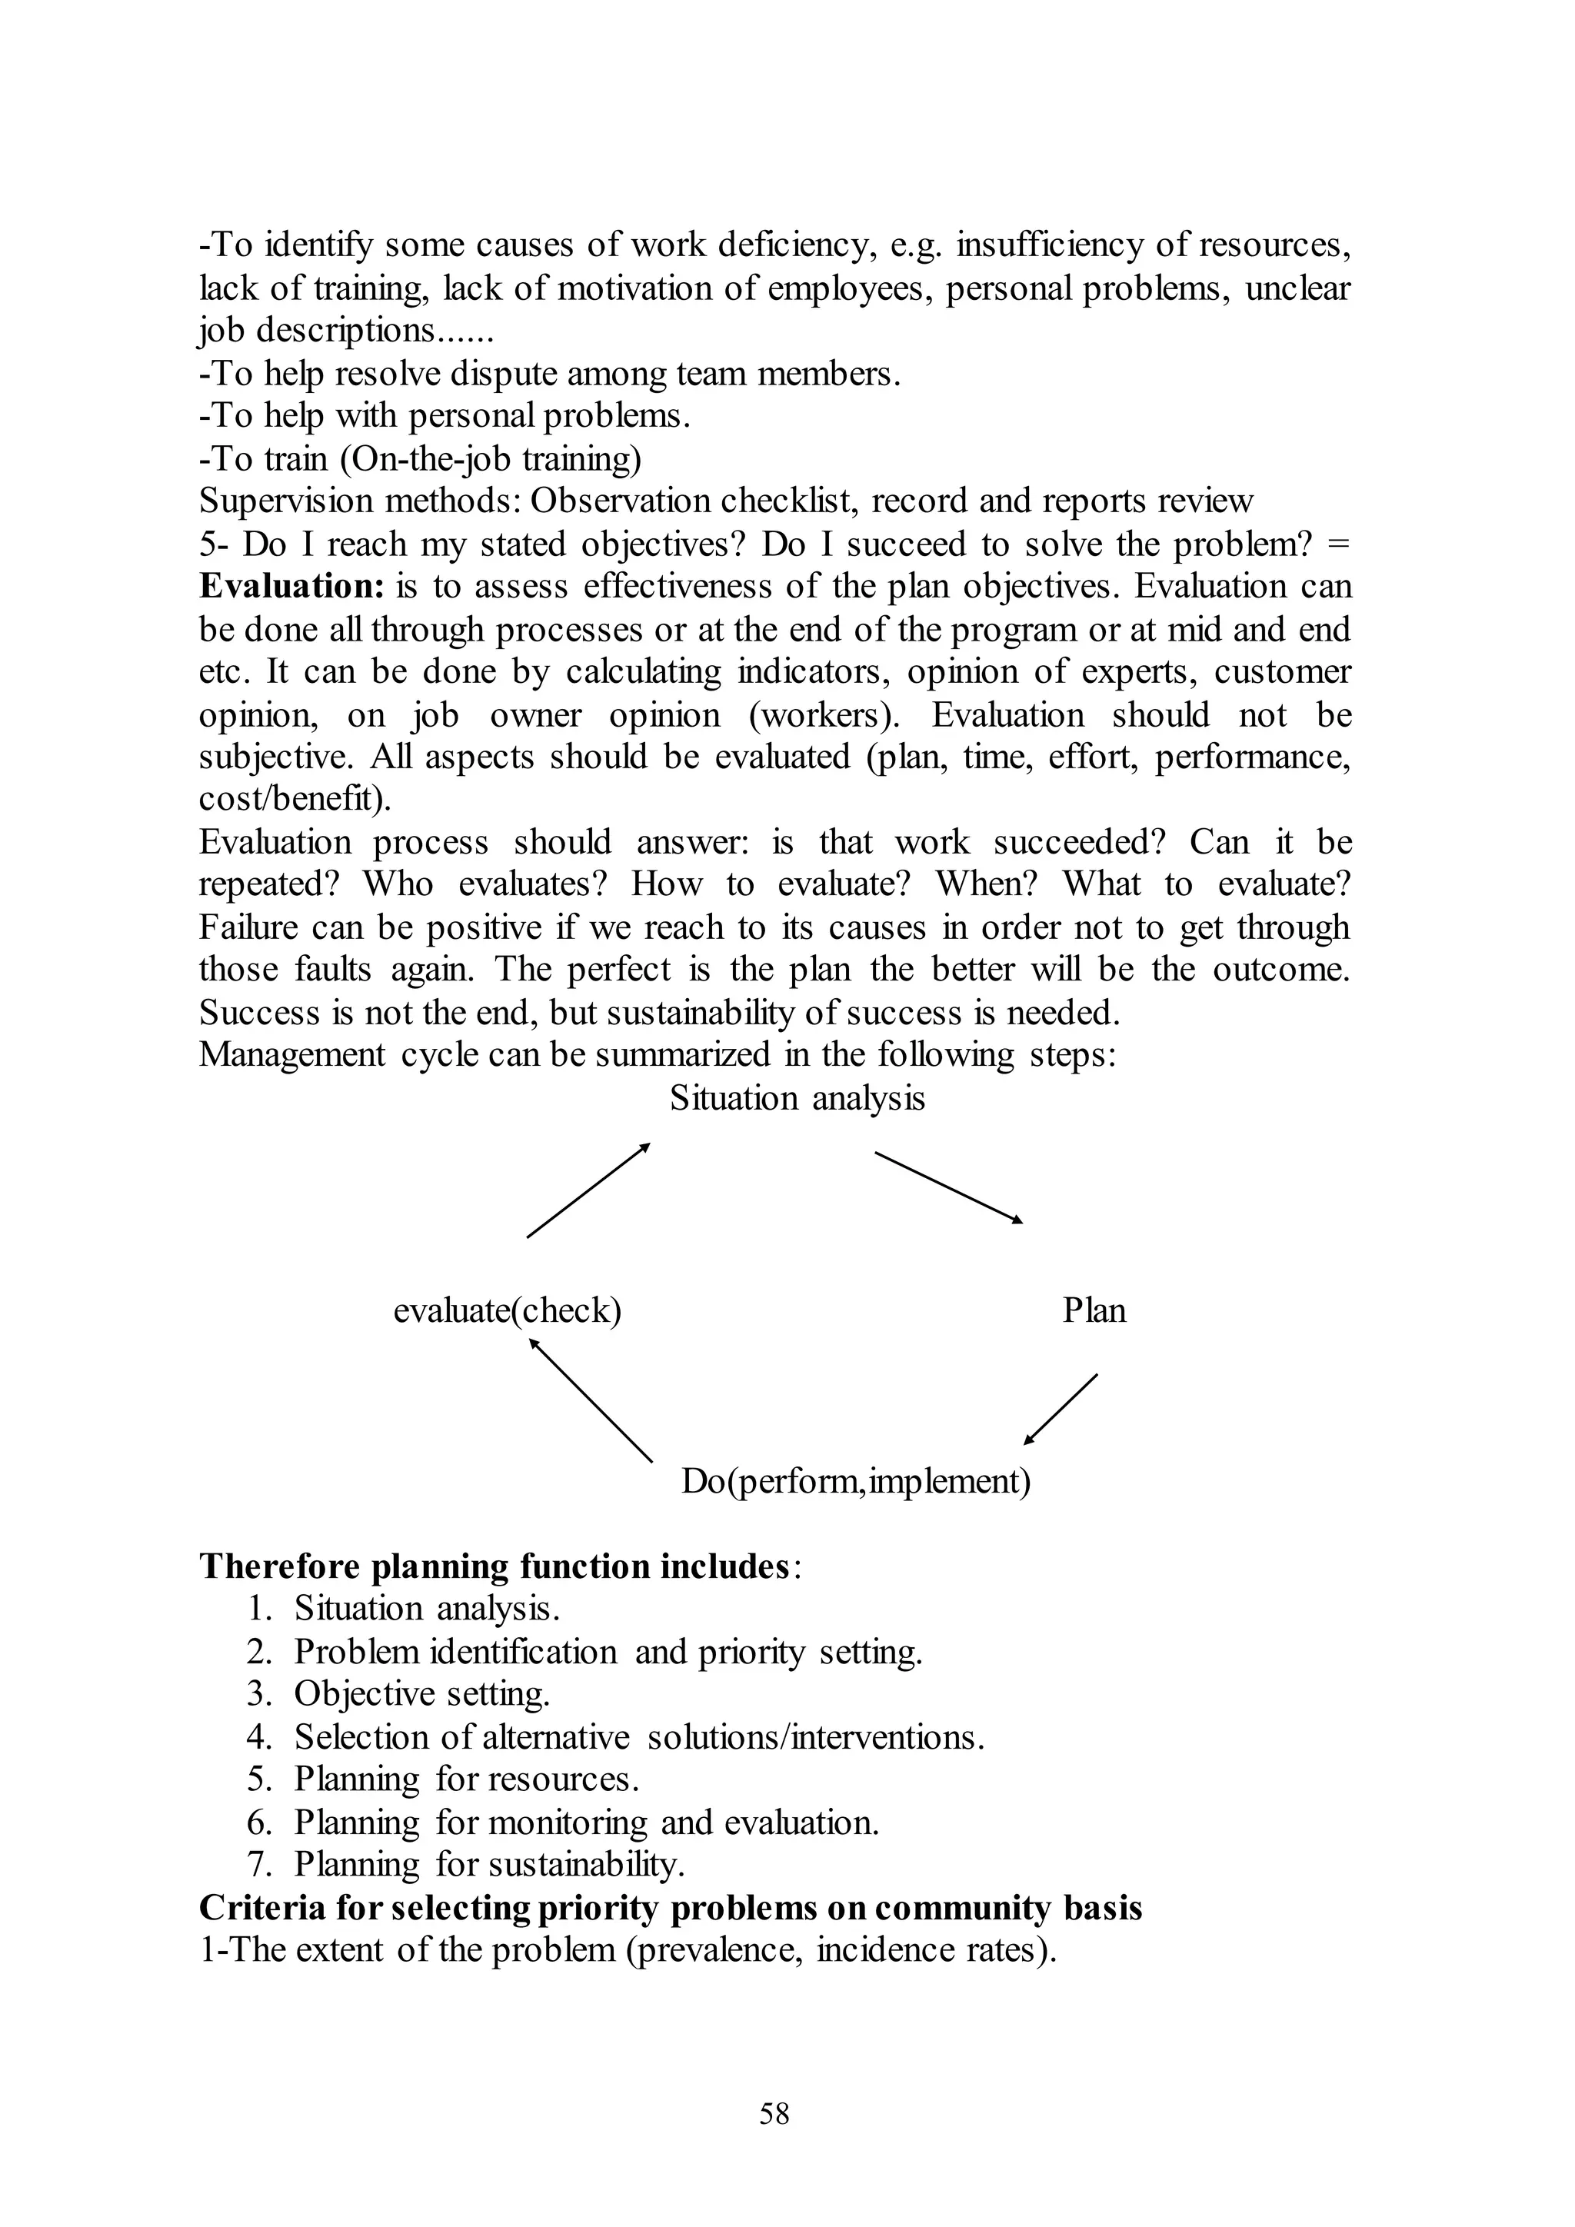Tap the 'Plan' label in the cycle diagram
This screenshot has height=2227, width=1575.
point(1094,1310)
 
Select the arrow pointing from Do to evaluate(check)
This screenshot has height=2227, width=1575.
point(591,1400)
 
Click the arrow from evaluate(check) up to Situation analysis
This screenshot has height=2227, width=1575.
point(588,1190)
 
